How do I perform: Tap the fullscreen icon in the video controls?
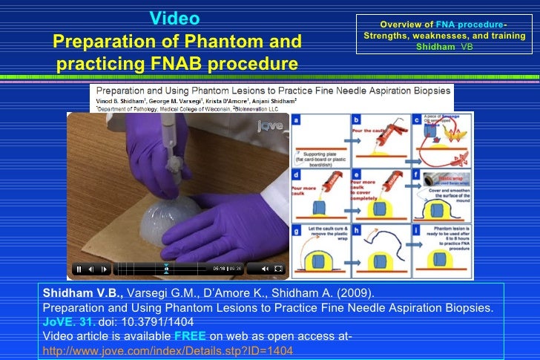pos(278,269)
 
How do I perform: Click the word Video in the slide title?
pos(174,18)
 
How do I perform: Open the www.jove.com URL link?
pos(168,350)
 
